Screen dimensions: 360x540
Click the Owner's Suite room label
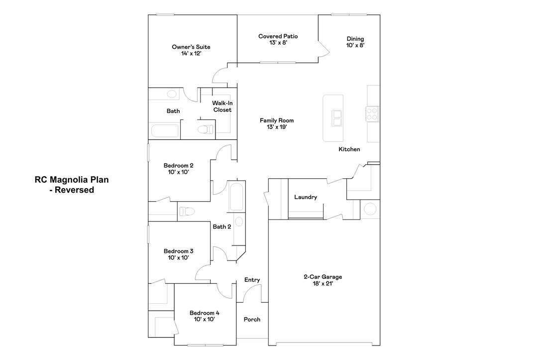(x=191, y=50)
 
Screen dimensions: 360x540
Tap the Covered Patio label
(x=278, y=39)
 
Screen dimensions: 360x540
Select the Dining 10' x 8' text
(x=355, y=42)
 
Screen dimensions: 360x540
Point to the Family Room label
(x=277, y=123)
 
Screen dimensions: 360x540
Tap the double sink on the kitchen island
(x=336, y=118)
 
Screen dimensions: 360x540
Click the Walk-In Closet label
(x=222, y=107)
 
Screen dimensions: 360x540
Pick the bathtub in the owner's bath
(x=165, y=131)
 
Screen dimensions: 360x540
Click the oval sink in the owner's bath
(x=172, y=94)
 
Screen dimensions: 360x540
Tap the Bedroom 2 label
(x=178, y=168)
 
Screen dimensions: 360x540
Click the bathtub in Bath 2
(x=237, y=197)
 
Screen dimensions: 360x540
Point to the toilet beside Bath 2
(x=186, y=211)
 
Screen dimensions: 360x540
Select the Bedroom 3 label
(x=178, y=254)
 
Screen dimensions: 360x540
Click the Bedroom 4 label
(x=204, y=316)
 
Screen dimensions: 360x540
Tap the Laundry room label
(x=306, y=197)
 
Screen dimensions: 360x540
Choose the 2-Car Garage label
(x=323, y=280)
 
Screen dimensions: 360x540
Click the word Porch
(x=252, y=319)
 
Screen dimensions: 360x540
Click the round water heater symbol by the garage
(x=370, y=208)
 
